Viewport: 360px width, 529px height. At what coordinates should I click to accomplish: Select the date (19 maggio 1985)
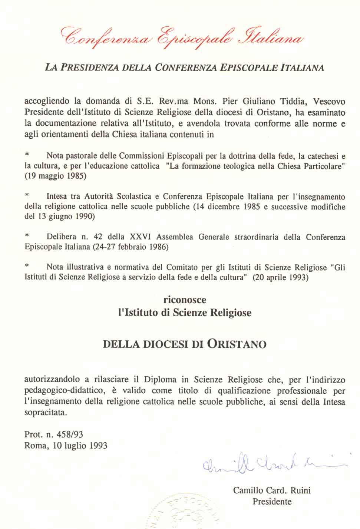click(55, 176)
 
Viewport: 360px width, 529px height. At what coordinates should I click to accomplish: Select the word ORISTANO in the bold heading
click(236, 344)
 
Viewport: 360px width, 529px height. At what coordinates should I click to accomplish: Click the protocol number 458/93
click(73, 434)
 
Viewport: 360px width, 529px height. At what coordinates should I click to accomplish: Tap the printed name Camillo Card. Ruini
click(272, 491)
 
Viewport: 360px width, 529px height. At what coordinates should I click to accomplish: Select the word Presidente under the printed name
click(272, 502)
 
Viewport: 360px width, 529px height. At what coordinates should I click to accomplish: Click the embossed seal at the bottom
click(185, 513)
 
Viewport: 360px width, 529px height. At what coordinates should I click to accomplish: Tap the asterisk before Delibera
click(27, 236)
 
